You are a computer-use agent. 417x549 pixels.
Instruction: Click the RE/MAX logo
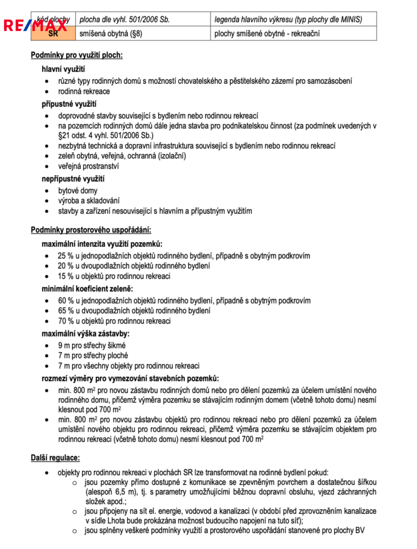(x=35, y=25)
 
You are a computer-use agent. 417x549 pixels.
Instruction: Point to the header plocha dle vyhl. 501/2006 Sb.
(x=124, y=20)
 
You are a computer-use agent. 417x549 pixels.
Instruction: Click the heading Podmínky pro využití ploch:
(x=77, y=55)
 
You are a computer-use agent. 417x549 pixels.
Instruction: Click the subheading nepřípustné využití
(x=73, y=179)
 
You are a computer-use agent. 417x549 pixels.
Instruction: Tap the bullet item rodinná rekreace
(x=83, y=91)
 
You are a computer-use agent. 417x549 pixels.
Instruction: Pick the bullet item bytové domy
(x=77, y=191)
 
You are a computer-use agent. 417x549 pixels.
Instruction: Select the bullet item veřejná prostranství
(x=88, y=166)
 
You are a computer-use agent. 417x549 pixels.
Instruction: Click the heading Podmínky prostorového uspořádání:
(x=91, y=230)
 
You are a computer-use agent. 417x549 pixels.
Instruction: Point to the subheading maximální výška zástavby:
(x=85, y=334)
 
